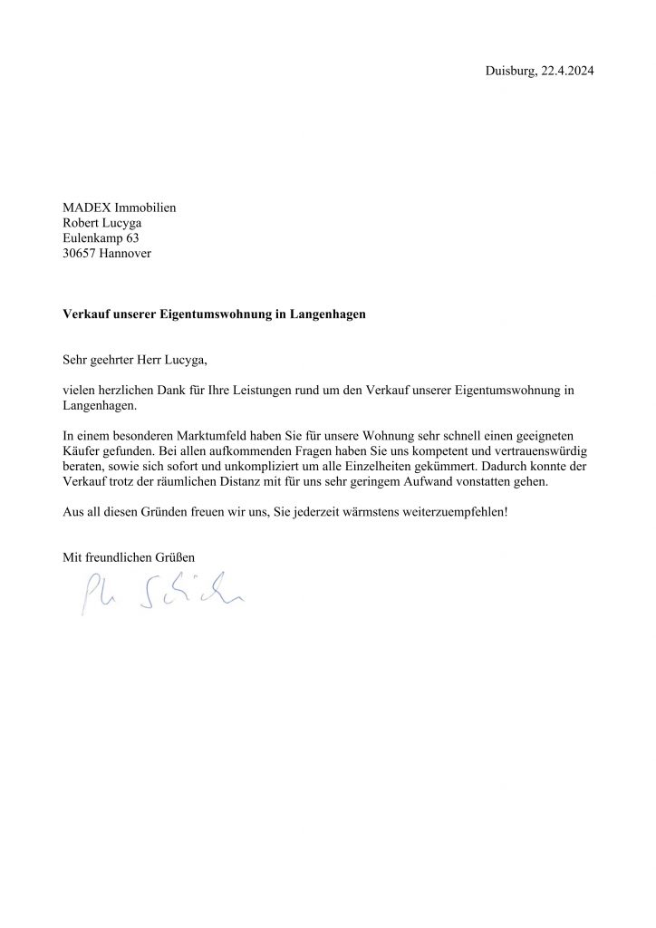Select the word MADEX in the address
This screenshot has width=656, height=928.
point(84,208)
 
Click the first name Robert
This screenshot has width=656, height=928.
point(81,223)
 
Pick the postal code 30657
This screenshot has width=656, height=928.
point(79,254)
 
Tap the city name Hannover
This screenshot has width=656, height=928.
point(127,254)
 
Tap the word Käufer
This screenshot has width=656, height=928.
point(82,451)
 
